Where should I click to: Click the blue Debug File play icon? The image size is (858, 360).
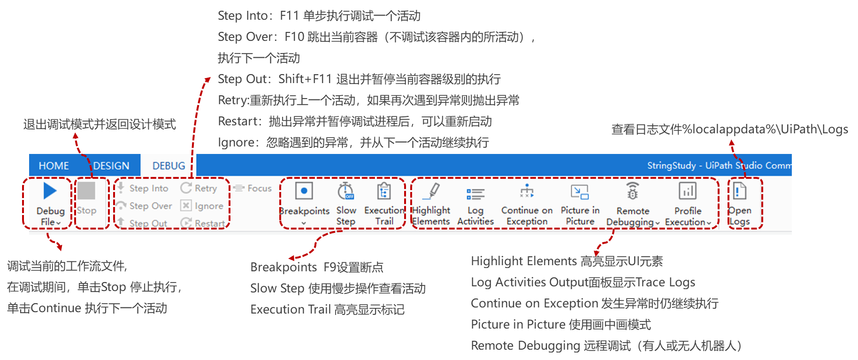(50, 191)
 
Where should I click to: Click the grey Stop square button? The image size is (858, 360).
(86, 191)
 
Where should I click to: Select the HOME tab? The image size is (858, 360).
(54, 166)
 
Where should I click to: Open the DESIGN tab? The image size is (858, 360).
(111, 166)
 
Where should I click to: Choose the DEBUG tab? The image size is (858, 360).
(169, 166)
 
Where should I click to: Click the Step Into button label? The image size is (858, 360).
(148, 188)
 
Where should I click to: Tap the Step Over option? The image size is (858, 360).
(150, 206)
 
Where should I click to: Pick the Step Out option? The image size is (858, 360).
(148, 223)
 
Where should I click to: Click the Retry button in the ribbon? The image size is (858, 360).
(206, 188)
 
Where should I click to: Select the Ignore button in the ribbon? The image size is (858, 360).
(208, 206)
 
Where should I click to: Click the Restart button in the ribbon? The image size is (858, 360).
(209, 223)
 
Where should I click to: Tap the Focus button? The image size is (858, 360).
(259, 188)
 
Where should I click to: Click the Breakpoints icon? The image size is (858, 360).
(304, 191)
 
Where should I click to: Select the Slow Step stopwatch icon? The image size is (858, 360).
(346, 191)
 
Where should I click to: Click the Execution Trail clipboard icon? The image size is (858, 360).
(384, 191)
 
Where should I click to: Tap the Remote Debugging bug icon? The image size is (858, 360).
(633, 191)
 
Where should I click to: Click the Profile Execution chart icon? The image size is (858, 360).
(688, 191)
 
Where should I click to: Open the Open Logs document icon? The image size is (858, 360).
(740, 191)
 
